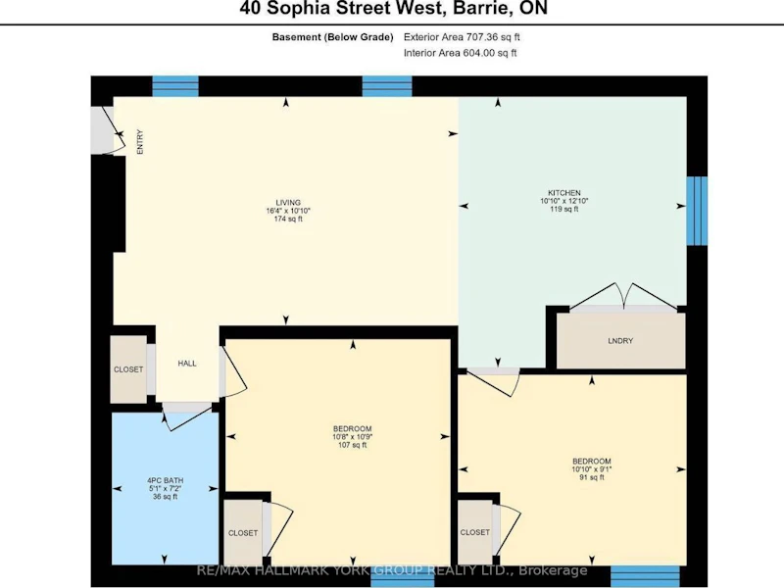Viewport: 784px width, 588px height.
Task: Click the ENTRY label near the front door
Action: click(x=140, y=142)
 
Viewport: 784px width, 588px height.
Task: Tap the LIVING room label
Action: click(x=288, y=203)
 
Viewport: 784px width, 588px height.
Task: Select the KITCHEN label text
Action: click(x=564, y=193)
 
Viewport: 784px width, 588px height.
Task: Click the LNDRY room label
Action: click(x=620, y=341)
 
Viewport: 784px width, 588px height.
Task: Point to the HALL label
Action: click(x=187, y=364)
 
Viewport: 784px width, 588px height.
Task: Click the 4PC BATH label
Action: click(x=165, y=480)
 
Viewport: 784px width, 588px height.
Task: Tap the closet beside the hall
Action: click(x=128, y=369)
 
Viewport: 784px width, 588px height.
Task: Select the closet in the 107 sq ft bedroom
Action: click(x=243, y=533)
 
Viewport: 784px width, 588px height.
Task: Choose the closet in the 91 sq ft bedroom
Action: click(x=475, y=532)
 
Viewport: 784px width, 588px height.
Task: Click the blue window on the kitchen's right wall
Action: click(x=697, y=211)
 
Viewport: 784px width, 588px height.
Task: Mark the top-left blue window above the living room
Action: click(x=175, y=86)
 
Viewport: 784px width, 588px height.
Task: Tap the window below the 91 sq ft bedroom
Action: click(x=645, y=576)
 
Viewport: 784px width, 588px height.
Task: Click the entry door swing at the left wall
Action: click(x=108, y=130)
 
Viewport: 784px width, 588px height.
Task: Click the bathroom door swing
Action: click(x=186, y=416)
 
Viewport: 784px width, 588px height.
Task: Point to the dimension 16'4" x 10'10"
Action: click(x=288, y=211)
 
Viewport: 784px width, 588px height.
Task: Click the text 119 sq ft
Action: click(x=564, y=209)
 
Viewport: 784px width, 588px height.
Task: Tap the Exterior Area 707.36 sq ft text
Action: click(x=462, y=37)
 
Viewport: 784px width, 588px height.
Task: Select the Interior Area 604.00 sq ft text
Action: click(x=461, y=53)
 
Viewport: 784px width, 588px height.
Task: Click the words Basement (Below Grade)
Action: click(x=332, y=37)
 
